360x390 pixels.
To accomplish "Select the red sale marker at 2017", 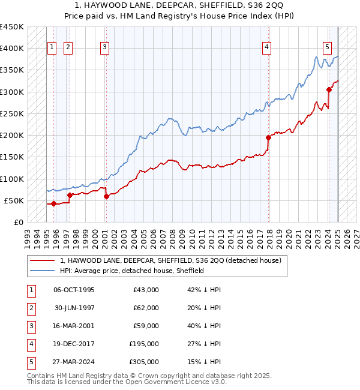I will pos(268,137).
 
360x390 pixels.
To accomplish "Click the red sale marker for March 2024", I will pos(329,90).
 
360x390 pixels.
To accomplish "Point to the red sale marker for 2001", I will pos(106,196).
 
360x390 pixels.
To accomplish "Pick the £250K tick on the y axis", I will pos(12,113).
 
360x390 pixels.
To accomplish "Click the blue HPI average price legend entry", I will pos(132,271).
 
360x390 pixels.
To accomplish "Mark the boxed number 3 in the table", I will pos(30,326).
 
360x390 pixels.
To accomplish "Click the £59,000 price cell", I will pos(146,326).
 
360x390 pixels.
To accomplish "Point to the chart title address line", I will pos(180,5).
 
